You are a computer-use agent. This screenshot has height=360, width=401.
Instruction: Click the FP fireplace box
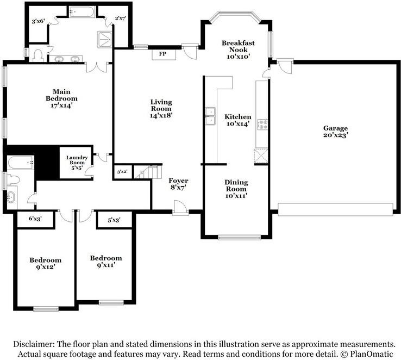click(x=164, y=54)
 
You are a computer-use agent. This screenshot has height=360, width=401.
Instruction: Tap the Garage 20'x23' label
click(x=336, y=132)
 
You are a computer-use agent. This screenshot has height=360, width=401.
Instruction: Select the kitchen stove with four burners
click(x=262, y=125)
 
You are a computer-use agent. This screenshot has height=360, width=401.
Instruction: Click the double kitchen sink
click(x=210, y=116)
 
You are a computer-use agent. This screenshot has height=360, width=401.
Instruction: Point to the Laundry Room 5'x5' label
click(x=77, y=163)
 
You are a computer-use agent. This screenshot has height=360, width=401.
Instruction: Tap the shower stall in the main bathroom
click(x=105, y=39)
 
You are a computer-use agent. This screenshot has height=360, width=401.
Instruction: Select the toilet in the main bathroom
click(x=38, y=55)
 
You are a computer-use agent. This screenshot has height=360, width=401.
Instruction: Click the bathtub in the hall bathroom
click(x=21, y=162)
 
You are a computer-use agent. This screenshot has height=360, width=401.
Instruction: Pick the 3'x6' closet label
click(x=39, y=21)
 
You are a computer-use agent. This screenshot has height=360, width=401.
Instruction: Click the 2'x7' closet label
click(x=121, y=18)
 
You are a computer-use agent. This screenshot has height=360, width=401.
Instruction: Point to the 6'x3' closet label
click(x=35, y=219)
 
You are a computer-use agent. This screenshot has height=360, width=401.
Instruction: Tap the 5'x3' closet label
click(x=114, y=220)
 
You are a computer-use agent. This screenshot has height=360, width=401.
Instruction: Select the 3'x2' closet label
click(x=122, y=171)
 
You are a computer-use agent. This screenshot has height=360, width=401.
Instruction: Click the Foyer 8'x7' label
click(x=178, y=184)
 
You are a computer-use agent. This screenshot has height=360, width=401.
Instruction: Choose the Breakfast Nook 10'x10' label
click(x=238, y=49)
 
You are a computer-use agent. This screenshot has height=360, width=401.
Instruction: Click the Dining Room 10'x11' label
click(x=236, y=189)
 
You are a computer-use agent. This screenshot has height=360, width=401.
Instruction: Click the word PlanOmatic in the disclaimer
click(x=371, y=354)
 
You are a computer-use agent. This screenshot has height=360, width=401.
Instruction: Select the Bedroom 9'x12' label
click(x=45, y=264)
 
